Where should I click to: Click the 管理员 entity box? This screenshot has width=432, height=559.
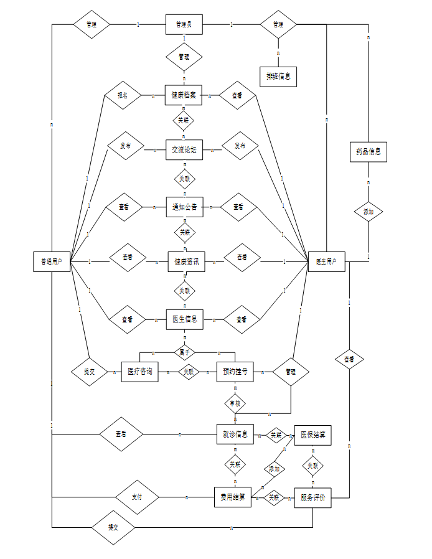184,25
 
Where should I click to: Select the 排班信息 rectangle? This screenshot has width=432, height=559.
278,77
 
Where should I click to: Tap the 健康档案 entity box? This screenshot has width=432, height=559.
184,95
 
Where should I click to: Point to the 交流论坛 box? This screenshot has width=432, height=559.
184,149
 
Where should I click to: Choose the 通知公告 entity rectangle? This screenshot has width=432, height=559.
184,207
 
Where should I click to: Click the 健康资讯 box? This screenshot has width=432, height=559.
186,261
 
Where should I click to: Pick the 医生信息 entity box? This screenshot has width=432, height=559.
184,319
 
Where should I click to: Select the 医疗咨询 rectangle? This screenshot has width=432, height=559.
139,372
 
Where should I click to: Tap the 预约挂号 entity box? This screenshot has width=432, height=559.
235,372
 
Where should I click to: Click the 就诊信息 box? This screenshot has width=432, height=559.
235,435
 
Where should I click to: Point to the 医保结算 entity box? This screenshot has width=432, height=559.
312,435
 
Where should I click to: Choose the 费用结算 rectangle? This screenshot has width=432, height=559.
232,497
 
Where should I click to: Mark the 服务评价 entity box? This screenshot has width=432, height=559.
312,497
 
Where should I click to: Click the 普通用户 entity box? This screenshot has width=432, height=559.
52,261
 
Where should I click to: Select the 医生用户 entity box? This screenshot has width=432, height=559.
326,261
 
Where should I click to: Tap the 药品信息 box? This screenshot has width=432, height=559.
368,151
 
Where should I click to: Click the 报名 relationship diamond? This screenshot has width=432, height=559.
123,96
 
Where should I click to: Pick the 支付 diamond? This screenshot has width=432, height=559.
137,497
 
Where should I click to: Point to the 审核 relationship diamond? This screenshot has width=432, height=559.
235,403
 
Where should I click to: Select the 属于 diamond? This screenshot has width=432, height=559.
184,352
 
